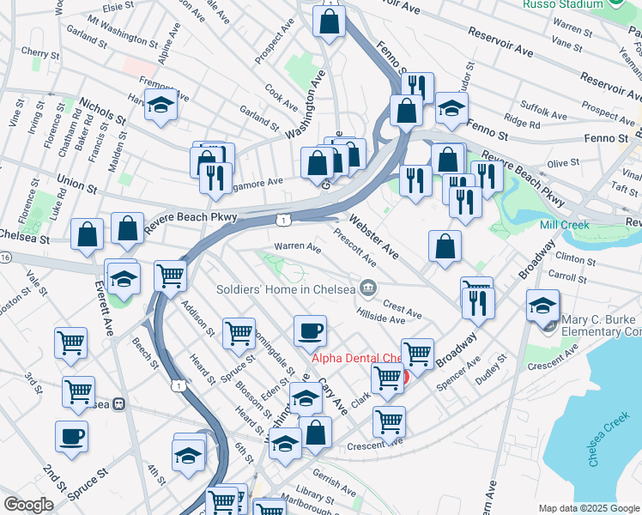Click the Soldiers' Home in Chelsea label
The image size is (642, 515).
[286, 288]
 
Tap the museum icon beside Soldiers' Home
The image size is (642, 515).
[367, 287]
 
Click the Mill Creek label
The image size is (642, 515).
[562, 225]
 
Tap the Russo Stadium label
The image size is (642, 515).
[564, 4]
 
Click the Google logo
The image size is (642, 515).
[28, 505]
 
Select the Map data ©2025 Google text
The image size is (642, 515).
[589, 508]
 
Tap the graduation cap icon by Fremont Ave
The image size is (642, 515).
[160, 106]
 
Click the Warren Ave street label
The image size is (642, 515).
[297, 247]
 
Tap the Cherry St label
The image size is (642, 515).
[39, 52]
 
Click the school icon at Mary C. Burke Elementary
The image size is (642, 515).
[542, 308]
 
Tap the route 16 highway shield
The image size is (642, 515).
[5, 257]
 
